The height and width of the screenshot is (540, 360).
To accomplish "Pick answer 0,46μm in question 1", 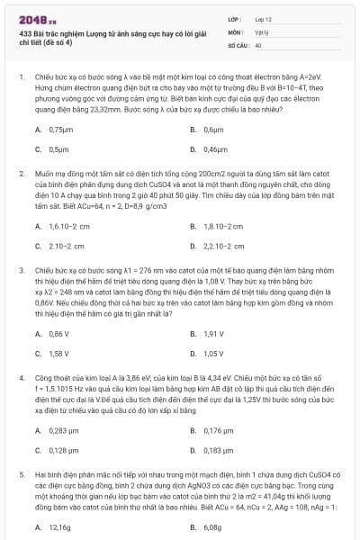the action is pyautogui.click(x=215, y=148).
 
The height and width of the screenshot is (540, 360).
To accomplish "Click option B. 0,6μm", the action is pyautogui.click(x=212, y=130).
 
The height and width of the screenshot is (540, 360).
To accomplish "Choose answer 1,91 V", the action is pyautogui.click(x=213, y=334).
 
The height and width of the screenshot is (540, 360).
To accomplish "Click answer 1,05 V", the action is pyautogui.click(x=213, y=353).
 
